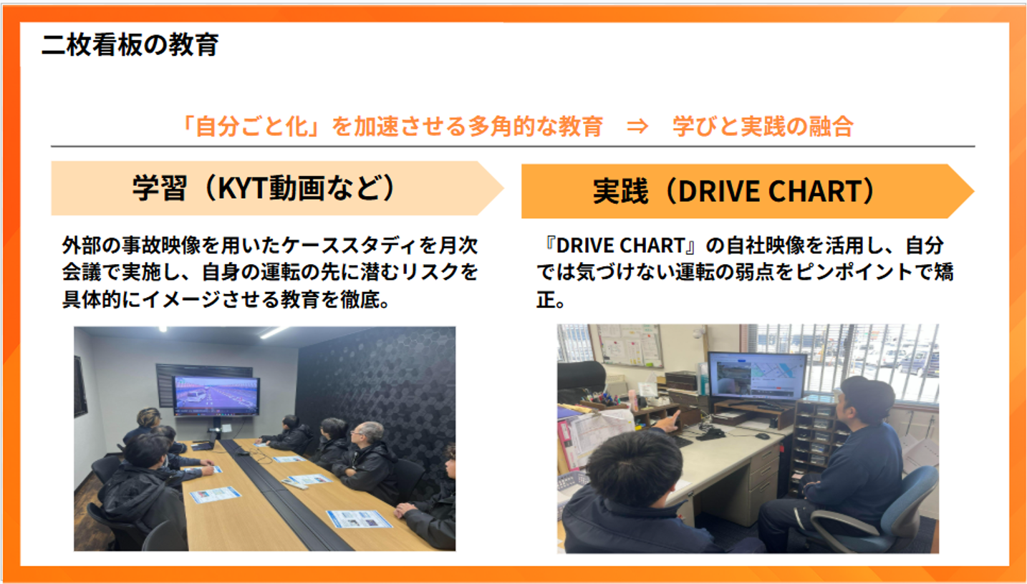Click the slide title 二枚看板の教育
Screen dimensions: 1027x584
tap(130, 45)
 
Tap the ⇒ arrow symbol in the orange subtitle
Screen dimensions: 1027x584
tap(637, 127)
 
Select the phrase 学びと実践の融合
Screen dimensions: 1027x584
tap(763, 127)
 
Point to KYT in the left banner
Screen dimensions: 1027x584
tap(243, 188)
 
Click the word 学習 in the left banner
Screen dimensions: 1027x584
tap(160, 188)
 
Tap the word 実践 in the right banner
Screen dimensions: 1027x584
tap(621, 191)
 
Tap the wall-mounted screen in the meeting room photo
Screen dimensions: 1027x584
tap(216, 396)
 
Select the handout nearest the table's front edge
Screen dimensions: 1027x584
tap(360, 518)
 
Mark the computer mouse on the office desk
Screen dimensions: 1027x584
tap(762, 437)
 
